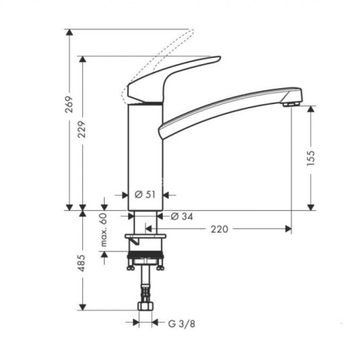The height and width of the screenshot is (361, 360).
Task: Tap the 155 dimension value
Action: [311, 158]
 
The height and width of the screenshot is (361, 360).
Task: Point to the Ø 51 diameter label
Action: [146, 195]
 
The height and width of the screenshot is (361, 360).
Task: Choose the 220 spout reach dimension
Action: [219, 230]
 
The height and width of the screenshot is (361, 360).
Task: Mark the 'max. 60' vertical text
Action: [103, 230]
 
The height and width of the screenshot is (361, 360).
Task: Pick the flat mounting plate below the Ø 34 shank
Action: [146, 237]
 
